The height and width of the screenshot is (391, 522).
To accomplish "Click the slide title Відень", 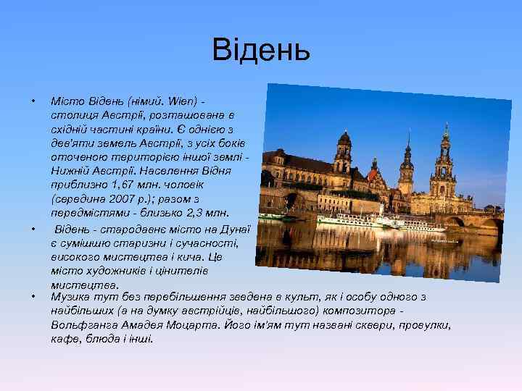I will [261, 51].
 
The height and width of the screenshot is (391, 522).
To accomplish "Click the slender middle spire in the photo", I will [407, 159].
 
